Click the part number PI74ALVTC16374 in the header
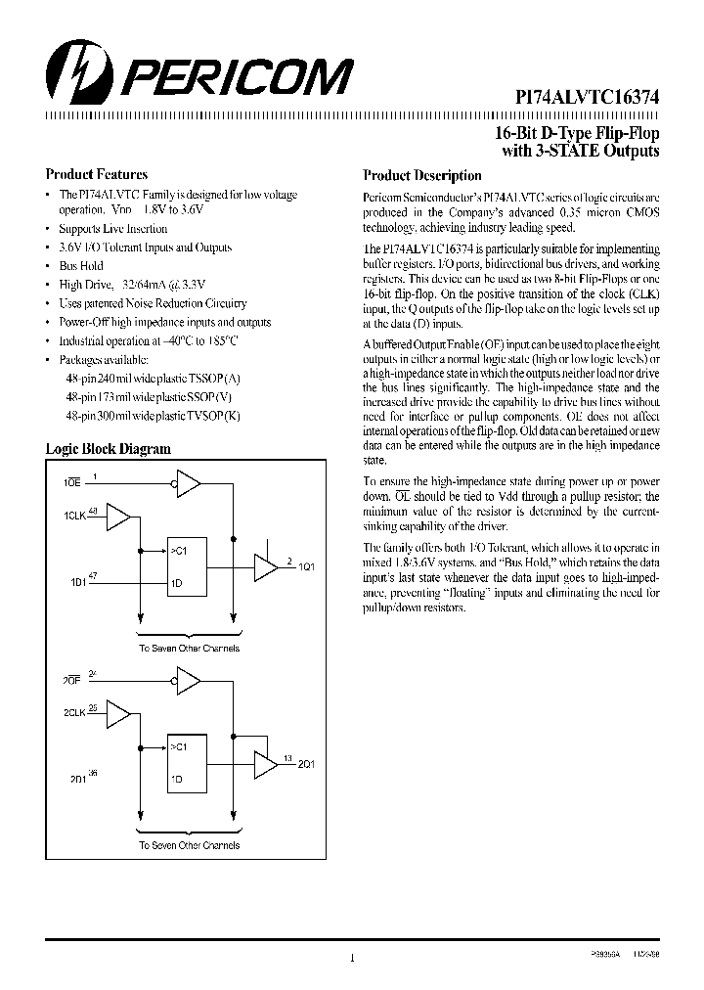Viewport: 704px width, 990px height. pos(587,99)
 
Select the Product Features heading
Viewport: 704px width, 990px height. pos(97,174)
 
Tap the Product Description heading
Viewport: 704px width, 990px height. pos(422,176)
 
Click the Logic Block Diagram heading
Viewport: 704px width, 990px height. pos(109,449)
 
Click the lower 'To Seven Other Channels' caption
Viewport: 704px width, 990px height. pos(189,844)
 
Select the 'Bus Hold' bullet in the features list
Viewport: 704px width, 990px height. pos(81,266)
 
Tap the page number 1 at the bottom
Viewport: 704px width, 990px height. pos(351,959)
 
